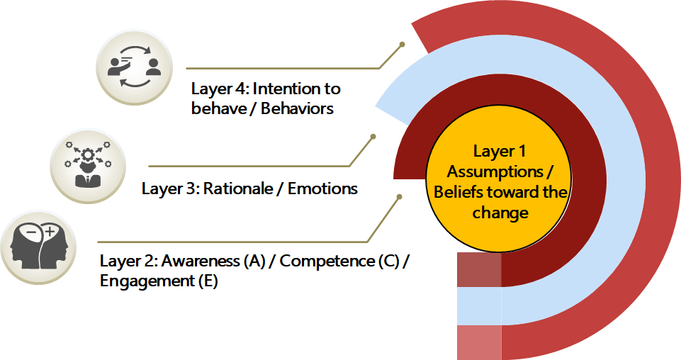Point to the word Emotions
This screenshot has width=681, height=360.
click(x=322, y=189)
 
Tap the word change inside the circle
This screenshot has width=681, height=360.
click(x=500, y=213)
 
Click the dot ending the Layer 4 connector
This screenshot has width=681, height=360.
click(x=403, y=44)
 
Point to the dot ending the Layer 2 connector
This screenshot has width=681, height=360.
click(x=401, y=197)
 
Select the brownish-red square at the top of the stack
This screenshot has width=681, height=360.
click(x=478, y=269)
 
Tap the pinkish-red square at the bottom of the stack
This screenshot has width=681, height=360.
click(x=478, y=342)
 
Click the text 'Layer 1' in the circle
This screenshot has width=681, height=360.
click(x=500, y=151)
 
